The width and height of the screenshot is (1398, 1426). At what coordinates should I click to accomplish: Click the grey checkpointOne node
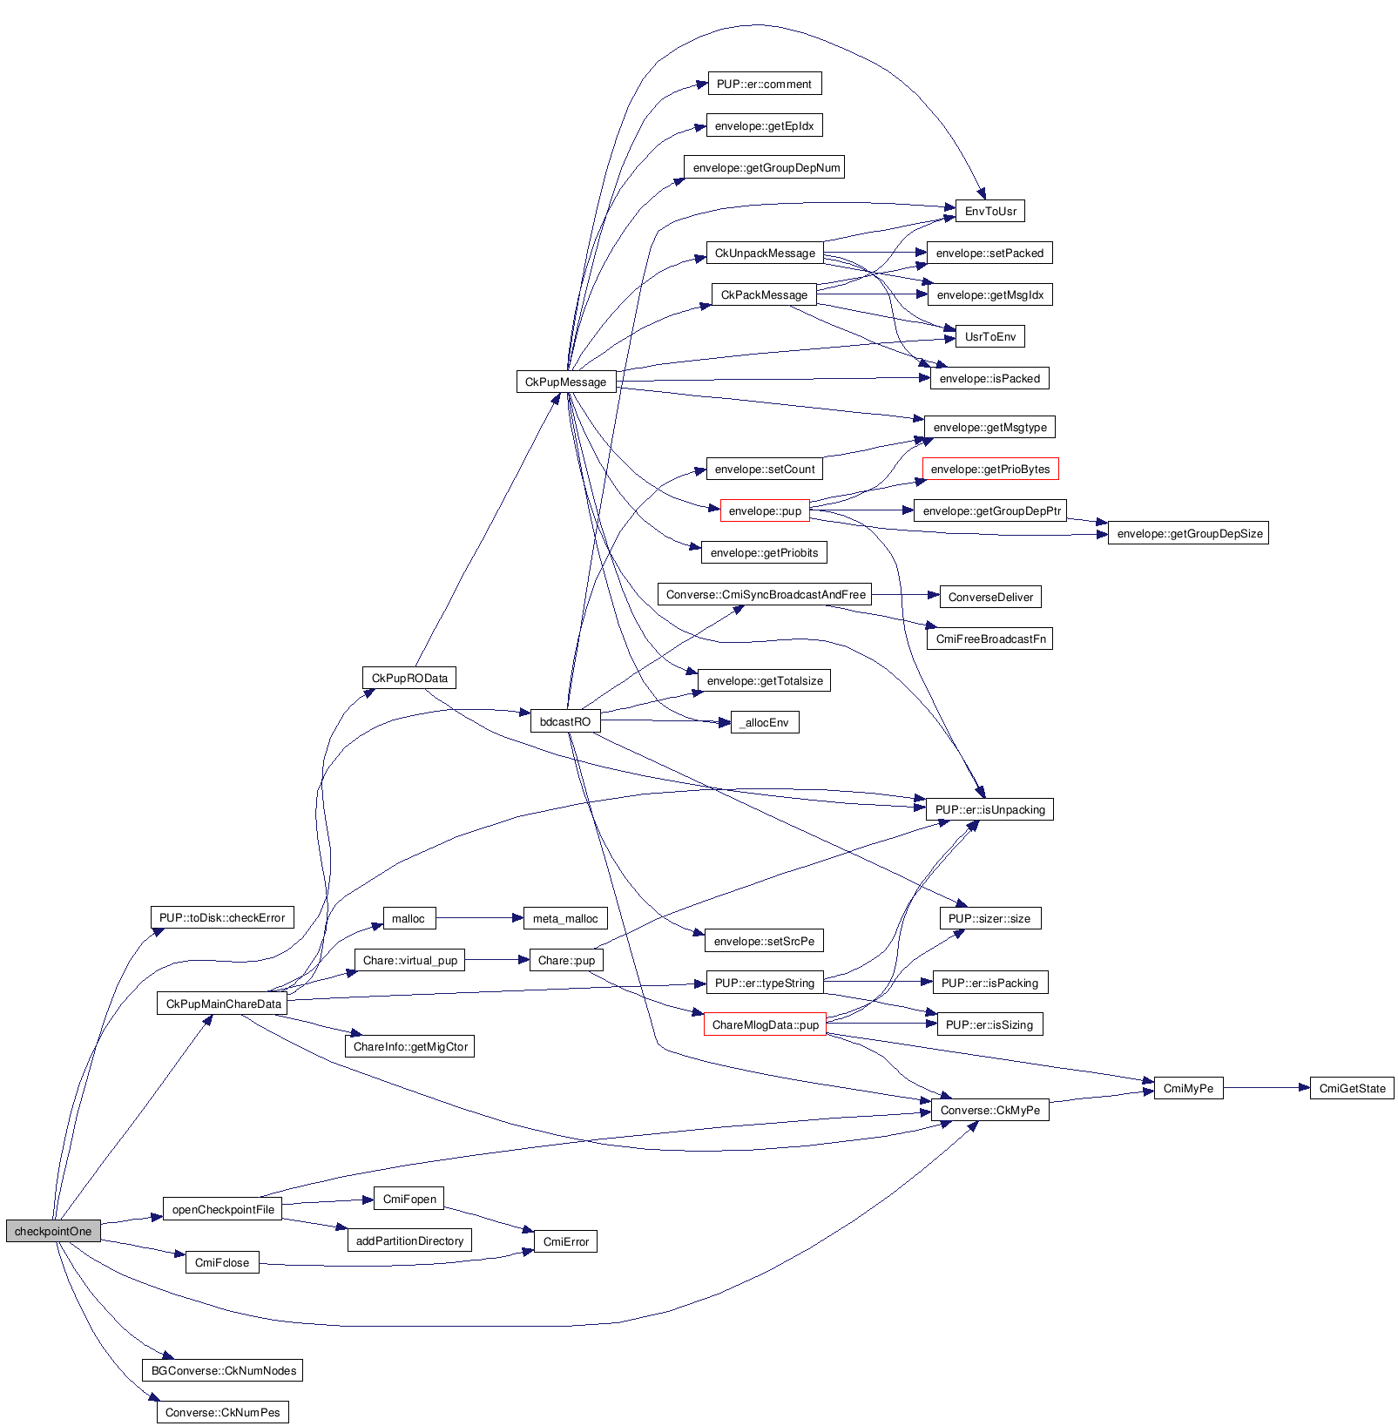[53, 1231]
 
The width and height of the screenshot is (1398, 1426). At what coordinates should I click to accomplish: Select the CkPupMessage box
[566, 382]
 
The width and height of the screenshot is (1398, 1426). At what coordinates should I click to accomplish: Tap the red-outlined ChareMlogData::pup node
[765, 1024]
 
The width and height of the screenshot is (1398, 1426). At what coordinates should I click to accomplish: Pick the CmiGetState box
[1352, 1088]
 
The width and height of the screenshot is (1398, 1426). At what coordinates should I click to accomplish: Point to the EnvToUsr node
[990, 211]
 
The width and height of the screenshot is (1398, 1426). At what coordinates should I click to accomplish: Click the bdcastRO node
[565, 721]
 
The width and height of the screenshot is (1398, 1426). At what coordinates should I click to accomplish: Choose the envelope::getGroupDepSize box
[1189, 533]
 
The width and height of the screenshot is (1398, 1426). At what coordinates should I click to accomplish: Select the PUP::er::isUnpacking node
[989, 809]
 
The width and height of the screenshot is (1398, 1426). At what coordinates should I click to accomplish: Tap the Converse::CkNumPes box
[223, 1412]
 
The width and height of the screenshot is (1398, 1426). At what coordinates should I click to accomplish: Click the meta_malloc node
[565, 918]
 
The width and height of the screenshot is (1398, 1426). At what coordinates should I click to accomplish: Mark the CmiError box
[565, 1241]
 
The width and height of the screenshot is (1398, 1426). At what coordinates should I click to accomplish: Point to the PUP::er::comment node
[764, 84]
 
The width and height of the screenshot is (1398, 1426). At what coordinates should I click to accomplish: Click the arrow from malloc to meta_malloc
[479, 917]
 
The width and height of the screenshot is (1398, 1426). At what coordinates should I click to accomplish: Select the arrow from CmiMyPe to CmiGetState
[1266, 1088]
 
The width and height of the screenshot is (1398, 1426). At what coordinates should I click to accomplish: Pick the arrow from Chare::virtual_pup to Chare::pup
[496, 960]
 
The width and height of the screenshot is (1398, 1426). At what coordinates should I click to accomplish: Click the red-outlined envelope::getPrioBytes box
[990, 469]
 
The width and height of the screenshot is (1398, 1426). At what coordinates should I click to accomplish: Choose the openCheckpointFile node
[223, 1209]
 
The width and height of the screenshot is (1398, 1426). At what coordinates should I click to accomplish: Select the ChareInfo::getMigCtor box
[410, 1046]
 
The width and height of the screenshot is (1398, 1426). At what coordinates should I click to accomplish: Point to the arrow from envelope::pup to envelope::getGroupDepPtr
[862, 510]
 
